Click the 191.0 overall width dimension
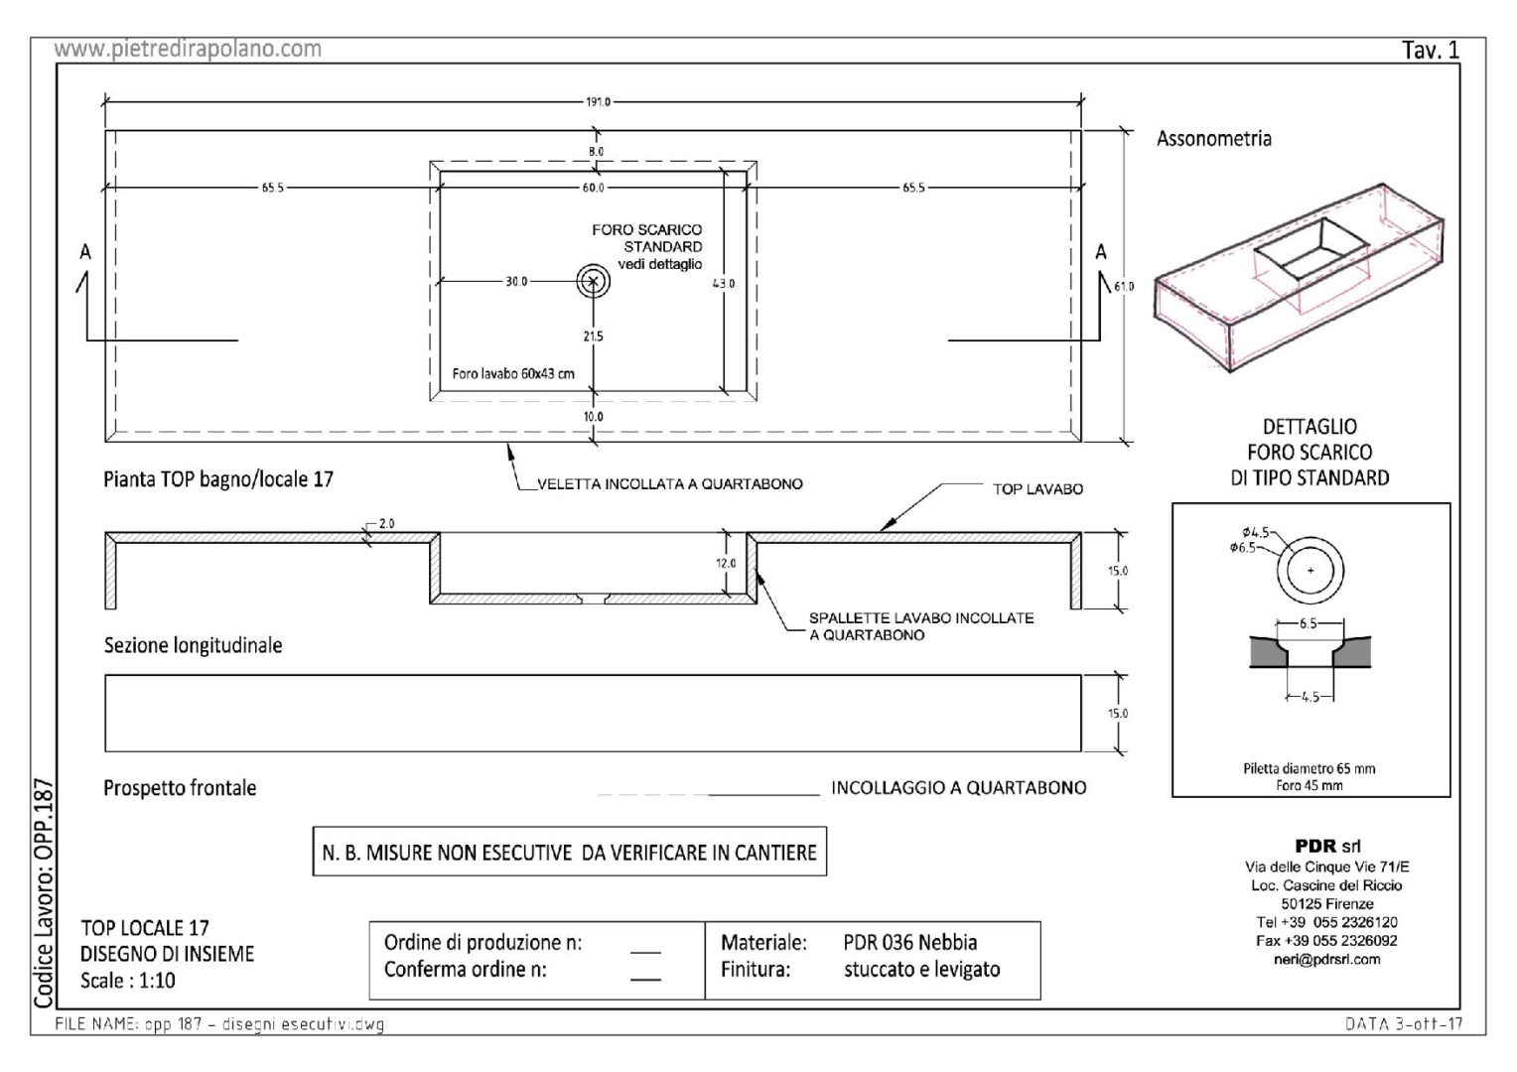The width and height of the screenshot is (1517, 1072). pyautogui.click(x=595, y=101)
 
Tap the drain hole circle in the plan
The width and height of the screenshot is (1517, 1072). pyautogui.click(x=594, y=281)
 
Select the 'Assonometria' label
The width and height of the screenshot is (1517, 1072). pyautogui.click(x=1213, y=139)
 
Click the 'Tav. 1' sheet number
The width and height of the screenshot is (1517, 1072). pyautogui.click(x=1430, y=51)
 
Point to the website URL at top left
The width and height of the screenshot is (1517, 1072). pyautogui.click(x=188, y=49)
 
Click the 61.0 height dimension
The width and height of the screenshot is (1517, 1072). pyautogui.click(x=1123, y=287)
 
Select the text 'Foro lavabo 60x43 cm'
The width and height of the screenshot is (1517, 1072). pyautogui.click(x=512, y=374)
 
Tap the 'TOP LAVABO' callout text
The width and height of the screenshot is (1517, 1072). pyautogui.click(x=1037, y=489)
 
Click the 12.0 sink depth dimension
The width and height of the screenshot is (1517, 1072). pyautogui.click(x=726, y=564)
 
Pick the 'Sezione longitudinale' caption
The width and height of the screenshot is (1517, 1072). pyautogui.click(x=193, y=645)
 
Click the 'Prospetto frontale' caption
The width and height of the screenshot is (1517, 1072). pyautogui.click(x=180, y=788)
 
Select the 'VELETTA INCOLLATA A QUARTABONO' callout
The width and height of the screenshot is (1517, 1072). pyautogui.click(x=669, y=484)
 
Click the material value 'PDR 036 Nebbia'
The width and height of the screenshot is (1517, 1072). pyautogui.click(x=909, y=942)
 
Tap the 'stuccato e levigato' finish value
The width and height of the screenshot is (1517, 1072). pyautogui.click(x=921, y=970)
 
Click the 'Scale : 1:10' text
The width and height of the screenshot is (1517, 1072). pyautogui.click(x=128, y=981)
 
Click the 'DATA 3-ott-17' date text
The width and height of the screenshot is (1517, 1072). pyautogui.click(x=1403, y=1025)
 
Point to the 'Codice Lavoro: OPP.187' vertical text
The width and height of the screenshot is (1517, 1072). pyautogui.click(x=44, y=894)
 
